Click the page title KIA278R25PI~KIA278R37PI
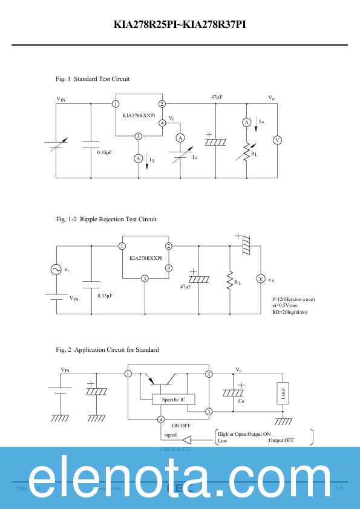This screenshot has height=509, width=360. click(180, 25)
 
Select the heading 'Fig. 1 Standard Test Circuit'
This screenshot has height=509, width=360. click(93, 79)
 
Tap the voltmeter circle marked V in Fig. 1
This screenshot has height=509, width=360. click(278, 140)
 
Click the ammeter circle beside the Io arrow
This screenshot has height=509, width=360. click(247, 122)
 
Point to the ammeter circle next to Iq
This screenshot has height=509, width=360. click(139, 158)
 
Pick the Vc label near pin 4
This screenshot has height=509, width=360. click(172, 117)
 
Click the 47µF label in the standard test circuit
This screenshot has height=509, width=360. click(217, 97)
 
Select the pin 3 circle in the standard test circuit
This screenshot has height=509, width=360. click(139, 136)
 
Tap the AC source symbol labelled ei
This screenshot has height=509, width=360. click(56, 270)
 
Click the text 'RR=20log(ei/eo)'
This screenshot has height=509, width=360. click(293, 312)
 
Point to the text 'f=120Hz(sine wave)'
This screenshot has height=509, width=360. click(293, 299)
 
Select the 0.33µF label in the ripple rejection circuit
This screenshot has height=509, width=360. click(105, 296)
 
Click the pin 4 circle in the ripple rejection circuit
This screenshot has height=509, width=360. click(169, 268)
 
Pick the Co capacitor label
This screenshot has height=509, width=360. click(240, 400)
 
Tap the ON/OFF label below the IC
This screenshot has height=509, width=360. click(172, 426)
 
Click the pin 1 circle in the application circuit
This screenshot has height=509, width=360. click(128, 374)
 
